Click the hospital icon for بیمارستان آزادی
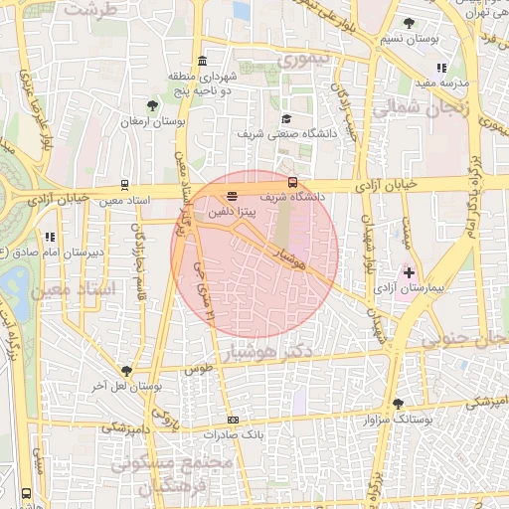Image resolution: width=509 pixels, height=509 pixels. [x=408, y=271]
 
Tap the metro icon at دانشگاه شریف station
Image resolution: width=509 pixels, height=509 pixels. [x=292, y=182]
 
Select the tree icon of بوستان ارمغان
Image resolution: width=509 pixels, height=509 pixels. [x=152, y=105]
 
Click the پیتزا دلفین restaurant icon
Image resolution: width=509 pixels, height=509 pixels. [x=233, y=196]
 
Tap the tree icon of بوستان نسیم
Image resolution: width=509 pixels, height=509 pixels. [x=409, y=23]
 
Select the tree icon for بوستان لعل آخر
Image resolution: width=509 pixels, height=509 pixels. [x=125, y=370]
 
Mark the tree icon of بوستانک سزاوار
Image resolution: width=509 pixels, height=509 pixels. [x=398, y=404]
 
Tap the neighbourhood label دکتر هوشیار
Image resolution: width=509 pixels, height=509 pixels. [x=298, y=353]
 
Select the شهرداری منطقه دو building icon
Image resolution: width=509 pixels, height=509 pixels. [x=203, y=60]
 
